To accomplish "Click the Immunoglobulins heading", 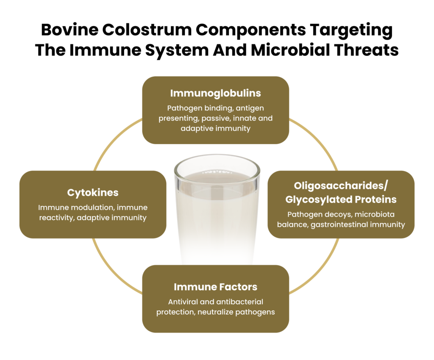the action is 215,93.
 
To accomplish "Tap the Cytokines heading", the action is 93,192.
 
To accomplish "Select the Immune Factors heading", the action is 215,287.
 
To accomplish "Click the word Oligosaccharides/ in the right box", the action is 341,186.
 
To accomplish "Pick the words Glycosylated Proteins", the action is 341,199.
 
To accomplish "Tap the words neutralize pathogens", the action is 236,312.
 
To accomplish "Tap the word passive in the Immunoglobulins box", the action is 217,118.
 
